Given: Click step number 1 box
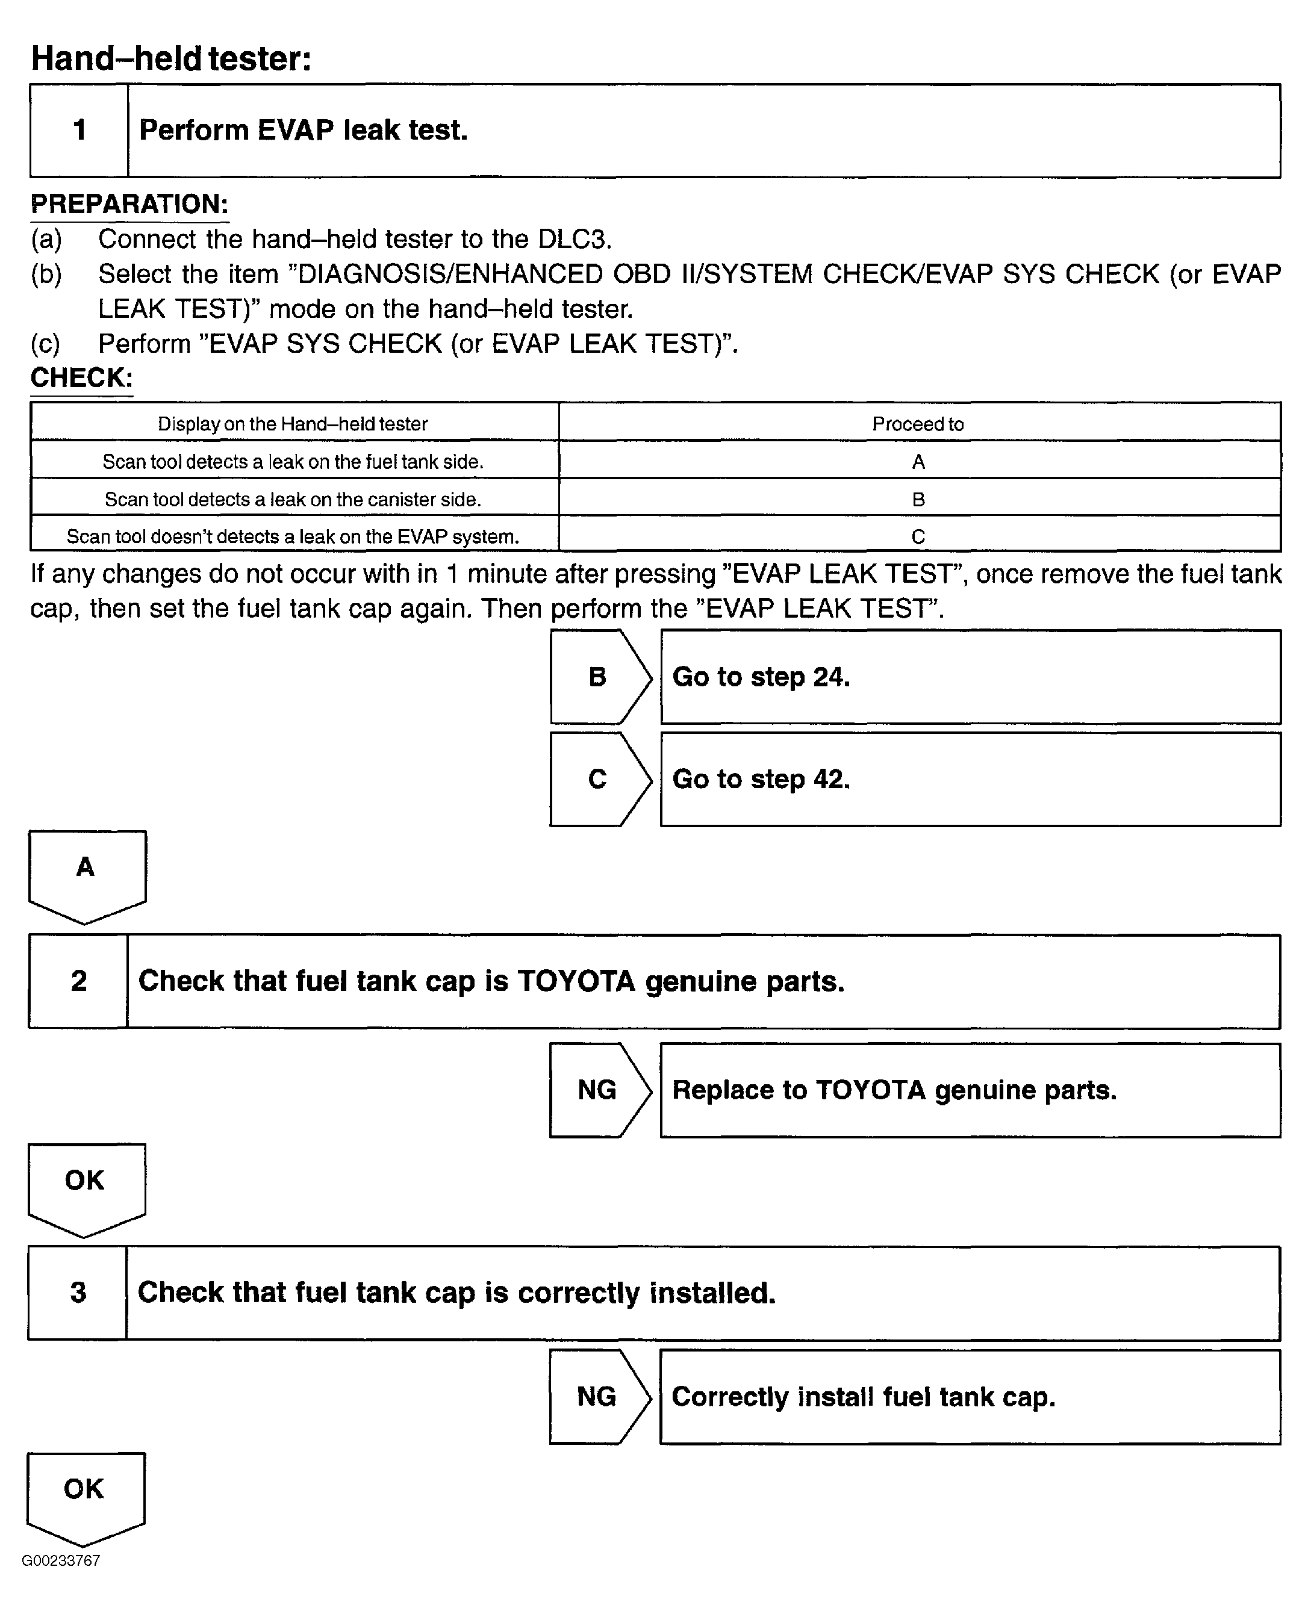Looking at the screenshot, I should click(79, 130).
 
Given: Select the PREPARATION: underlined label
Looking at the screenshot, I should click(129, 203).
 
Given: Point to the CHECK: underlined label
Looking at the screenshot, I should click(81, 377).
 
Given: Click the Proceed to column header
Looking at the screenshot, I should click(918, 424).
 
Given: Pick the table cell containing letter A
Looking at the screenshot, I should click(918, 461).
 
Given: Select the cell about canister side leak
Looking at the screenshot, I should click(293, 499).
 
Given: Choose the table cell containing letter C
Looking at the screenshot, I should click(918, 536).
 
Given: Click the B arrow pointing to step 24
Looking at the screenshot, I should click(599, 677).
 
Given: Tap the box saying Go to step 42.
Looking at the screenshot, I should click(970, 779).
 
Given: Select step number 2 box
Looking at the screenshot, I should click(78, 981).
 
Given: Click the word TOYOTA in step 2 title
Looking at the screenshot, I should click(576, 981).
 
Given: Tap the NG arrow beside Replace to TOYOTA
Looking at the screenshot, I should click(599, 1090).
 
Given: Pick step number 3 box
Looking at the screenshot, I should click(78, 1293).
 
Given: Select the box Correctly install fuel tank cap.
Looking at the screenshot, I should click(970, 1397).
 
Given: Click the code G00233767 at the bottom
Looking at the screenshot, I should click(61, 1560).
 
